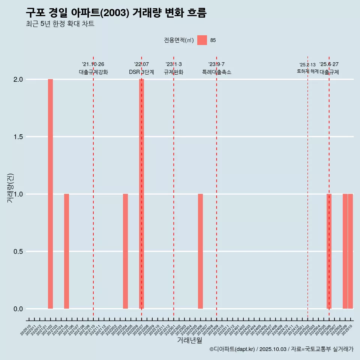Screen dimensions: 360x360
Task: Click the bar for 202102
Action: coord(50,194)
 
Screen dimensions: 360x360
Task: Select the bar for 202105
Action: coord(66,251)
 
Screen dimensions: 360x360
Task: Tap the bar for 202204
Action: coord(125,251)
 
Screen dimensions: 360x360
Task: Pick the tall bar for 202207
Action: coord(141,194)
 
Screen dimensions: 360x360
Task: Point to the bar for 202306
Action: coord(200,251)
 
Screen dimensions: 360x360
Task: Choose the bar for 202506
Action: coord(329,251)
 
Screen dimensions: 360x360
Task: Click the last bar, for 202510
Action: coord(350,251)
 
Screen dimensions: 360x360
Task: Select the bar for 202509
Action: coord(345,251)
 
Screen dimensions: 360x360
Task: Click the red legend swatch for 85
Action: coord(202,40)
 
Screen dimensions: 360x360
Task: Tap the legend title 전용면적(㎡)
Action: coord(178,40)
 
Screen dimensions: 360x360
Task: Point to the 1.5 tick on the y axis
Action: coord(18,137)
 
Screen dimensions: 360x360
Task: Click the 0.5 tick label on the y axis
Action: coord(18,252)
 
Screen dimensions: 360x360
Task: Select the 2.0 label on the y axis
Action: coord(18,79)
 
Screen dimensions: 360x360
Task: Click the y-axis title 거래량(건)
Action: coord(10,188)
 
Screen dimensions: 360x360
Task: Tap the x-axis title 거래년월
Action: coord(189,340)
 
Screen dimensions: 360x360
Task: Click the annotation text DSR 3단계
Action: coord(141,72)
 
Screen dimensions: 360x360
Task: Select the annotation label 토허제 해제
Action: coord(307,71)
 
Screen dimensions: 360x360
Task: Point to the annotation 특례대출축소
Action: coord(216,72)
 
